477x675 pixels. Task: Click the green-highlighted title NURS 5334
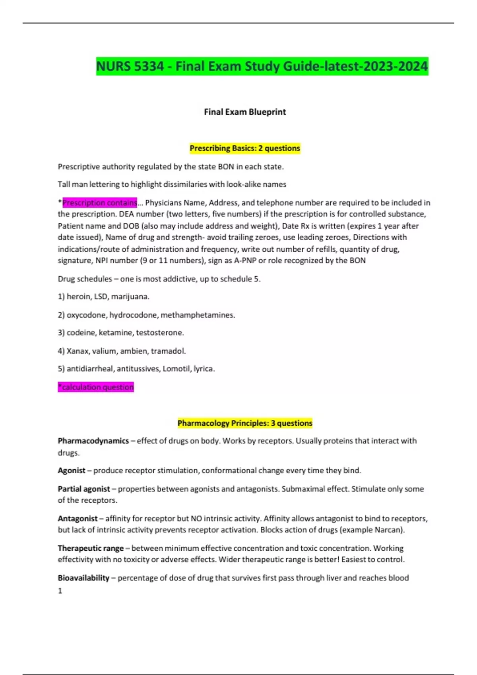(262, 66)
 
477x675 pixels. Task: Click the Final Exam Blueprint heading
(245, 112)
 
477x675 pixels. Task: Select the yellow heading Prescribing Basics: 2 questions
(245, 148)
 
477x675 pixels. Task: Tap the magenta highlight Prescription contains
(99, 202)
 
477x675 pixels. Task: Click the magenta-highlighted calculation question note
(96, 387)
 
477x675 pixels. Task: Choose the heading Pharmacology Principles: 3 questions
(245, 423)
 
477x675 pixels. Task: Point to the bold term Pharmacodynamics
(93, 441)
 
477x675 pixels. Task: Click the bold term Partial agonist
(84, 489)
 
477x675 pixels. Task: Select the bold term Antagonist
(78, 519)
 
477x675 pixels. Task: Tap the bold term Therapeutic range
(91, 548)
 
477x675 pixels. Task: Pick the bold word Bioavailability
(83, 578)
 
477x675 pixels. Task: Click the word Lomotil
(176, 369)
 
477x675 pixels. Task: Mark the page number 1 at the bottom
(60, 591)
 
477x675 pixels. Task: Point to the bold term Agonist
(72, 471)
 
